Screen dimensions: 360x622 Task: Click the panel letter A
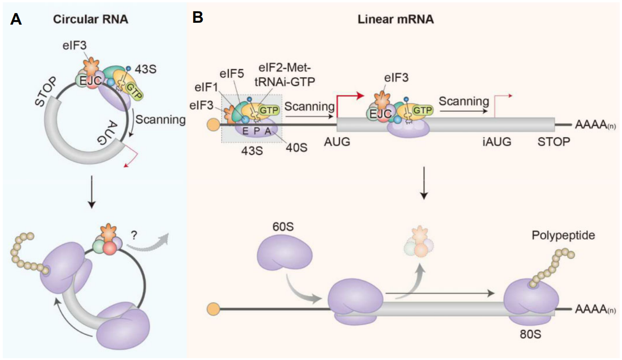(16, 20)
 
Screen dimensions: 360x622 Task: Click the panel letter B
(198, 18)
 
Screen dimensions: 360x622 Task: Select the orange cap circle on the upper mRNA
(212, 124)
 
